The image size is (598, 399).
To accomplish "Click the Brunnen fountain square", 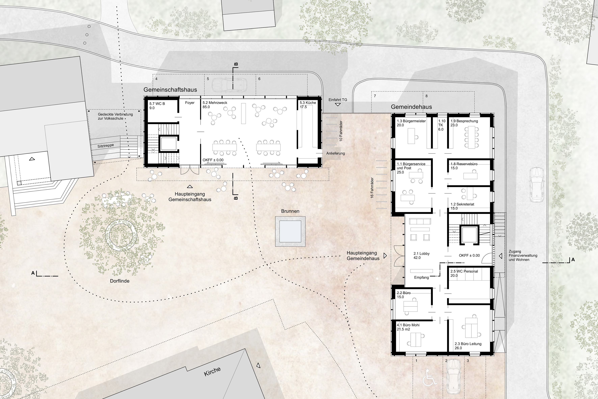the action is point(290,231).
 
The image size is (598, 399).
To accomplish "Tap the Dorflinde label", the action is point(120,281).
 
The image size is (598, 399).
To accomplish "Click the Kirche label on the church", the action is point(212,371).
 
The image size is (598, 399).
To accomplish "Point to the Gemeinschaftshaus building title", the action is point(170,90).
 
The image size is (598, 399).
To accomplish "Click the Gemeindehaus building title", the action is point(411,107).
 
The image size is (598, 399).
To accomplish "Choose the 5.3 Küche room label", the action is point(308,105).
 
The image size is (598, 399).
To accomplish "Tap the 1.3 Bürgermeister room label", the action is point(411,123).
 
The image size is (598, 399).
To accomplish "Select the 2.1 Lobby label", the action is point(421,255).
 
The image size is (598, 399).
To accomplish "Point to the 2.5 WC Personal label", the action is point(464,273).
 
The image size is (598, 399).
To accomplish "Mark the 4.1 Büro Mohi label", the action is point(408,327).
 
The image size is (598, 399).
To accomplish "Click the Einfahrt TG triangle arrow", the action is point(338,105).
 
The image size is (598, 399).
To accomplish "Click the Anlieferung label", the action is point(336,153).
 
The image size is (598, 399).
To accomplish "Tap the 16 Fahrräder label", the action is point(372,188).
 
